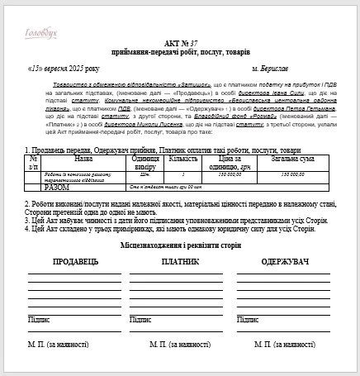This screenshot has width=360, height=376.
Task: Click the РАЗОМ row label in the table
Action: (x=57, y=187)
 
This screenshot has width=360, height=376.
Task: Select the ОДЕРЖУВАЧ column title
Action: (x=285, y=262)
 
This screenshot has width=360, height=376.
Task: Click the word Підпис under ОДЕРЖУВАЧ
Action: (x=247, y=318)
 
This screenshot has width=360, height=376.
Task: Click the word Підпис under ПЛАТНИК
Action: (x=140, y=318)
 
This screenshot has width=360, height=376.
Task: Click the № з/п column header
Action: (x=34, y=162)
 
